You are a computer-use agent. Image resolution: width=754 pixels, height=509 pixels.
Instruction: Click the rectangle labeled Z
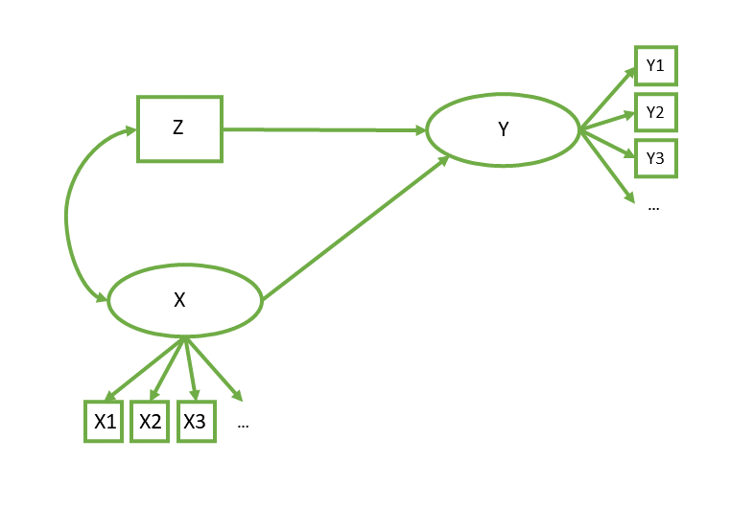point(179,128)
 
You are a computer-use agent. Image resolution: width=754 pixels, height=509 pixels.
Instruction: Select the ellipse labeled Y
point(502,130)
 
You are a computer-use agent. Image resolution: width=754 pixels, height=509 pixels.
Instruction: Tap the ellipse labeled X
point(184,300)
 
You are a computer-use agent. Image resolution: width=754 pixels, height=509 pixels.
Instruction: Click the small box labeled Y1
point(656,66)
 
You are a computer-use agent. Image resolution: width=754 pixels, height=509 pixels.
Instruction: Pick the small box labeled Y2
point(656,112)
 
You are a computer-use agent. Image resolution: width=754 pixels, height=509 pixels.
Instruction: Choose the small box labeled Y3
point(656,158)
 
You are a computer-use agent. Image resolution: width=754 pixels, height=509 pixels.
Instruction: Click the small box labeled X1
point(104,421)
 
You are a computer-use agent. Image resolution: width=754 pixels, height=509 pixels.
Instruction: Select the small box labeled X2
point(150,421)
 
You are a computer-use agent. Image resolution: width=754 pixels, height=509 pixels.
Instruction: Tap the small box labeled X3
point(196,421)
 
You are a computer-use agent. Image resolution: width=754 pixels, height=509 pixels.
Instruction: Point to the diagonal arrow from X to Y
point(355,228)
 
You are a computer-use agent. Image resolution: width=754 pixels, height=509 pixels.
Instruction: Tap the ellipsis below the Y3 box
point(653,207)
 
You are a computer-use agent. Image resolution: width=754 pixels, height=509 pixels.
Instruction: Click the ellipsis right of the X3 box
point(243,423)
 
